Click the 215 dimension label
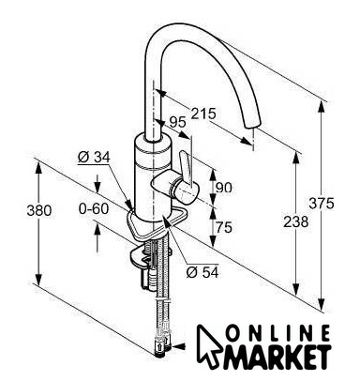[x=203, y=114]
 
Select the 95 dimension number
[x=177, y=122]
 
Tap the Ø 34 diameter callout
[x=94, y=157]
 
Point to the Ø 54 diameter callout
[x=202, y=272]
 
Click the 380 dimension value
[x=39, y=210]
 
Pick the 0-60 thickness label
[x=94, y=208]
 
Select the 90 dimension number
[x=224, y=188]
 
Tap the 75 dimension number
[x=224, y=227]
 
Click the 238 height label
[x=295, y=221]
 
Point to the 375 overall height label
[x=322, y=204]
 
